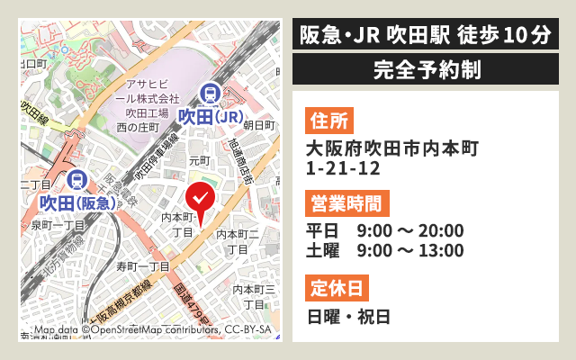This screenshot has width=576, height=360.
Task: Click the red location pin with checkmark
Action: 200,198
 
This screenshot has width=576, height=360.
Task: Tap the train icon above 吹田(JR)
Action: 210,94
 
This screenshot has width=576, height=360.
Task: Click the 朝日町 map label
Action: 258,124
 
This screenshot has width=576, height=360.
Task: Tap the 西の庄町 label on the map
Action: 138,128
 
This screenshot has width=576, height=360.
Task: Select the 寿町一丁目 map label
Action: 143,266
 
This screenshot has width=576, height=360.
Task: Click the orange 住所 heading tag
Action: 328,120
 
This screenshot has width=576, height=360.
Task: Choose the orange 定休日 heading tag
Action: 337,288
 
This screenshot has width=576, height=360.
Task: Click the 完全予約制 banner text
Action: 426,68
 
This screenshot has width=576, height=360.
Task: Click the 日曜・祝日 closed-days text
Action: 348,316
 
